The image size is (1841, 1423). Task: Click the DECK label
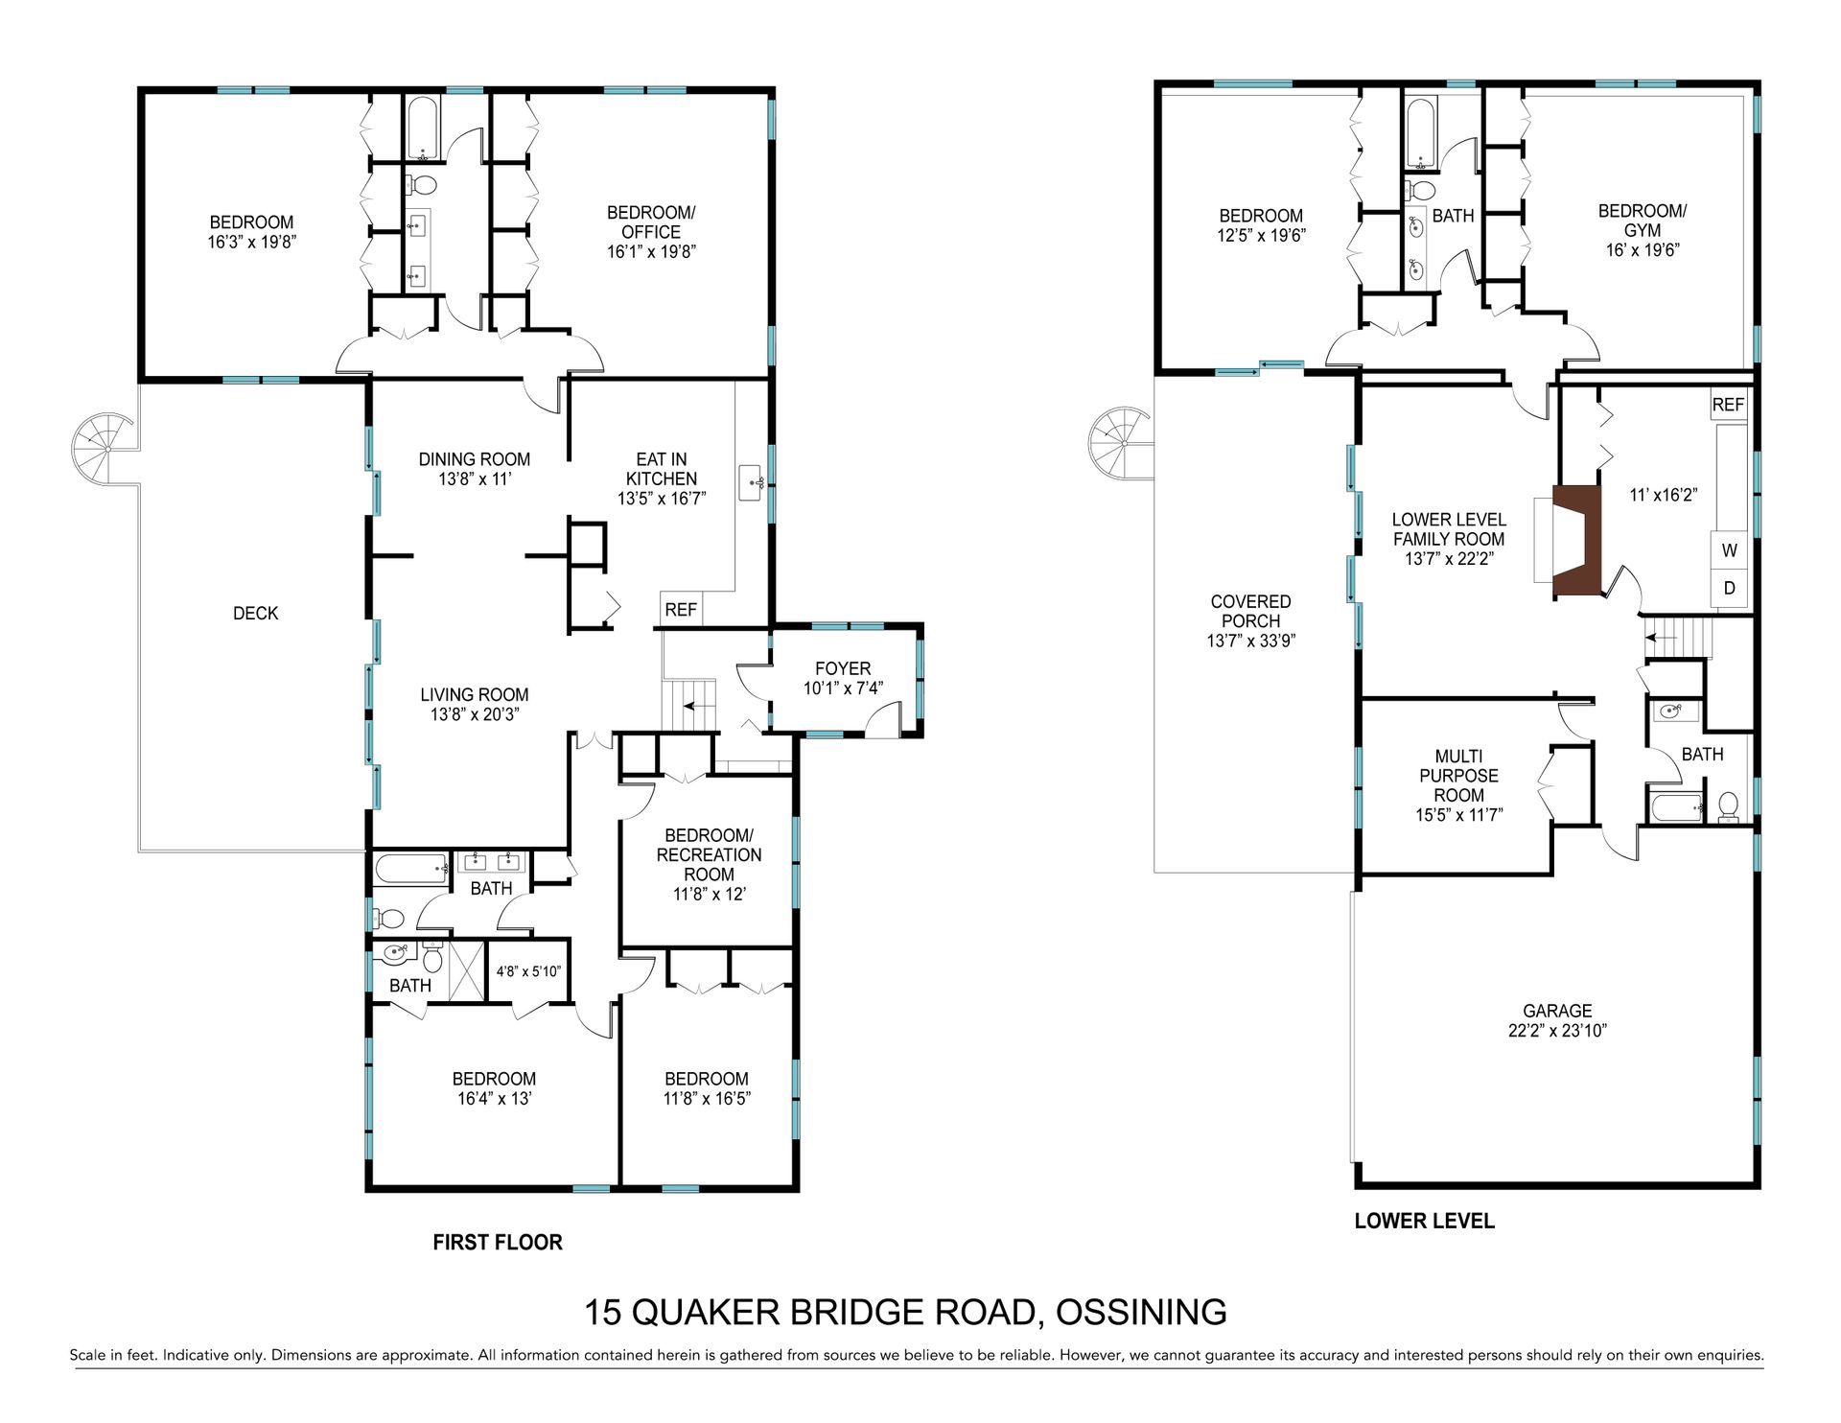[x=256, y=614]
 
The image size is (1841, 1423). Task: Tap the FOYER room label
[x=843, y=668]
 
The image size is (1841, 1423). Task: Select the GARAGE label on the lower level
[x=1557, y=1011]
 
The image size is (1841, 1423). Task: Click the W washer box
[x=1730, y=551]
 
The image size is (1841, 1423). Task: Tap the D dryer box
[x=1730, y=588]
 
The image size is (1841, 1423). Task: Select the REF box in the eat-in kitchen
[x=681, y=609]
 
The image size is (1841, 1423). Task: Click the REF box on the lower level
[x=1728, y=405]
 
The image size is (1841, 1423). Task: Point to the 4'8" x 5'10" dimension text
[x=528, y=971]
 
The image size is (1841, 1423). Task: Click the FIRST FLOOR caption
[x=498, y=1243]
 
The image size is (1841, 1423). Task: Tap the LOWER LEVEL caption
[x=1424, y=1221]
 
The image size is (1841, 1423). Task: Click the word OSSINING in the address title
[x=1141, y=1312]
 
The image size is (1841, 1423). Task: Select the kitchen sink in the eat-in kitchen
[x=752, y=482]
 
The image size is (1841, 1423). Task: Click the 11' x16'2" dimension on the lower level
[x=1665, y=496]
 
